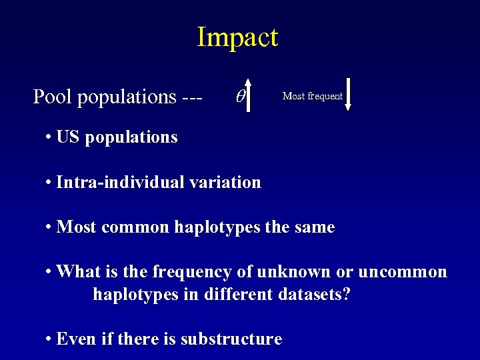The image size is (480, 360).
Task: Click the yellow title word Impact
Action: tap(237, 37)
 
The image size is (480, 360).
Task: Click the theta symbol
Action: tap(241, 97)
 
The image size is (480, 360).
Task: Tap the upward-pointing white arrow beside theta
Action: tap(248, 90)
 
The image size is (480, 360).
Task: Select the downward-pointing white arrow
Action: tap(347, 94)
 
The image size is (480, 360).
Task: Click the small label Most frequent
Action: tap(313, 96)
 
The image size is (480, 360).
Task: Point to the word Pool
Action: tap(53, 97)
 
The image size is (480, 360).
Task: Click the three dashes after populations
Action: tap(192, 97)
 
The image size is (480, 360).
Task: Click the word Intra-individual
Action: tap(116, 182)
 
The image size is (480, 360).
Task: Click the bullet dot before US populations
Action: tap(49, 138)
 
